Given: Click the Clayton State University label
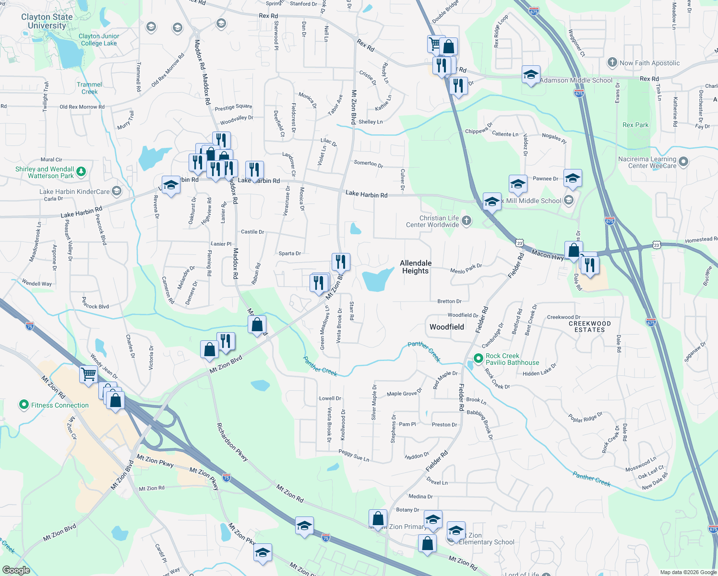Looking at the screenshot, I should click(x=47, y=21).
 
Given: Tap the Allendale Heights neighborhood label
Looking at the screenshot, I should click(x=416, y=267).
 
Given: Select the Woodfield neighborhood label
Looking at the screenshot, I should click(x=446, y=327).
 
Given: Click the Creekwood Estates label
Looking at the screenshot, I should click(x=589, y=326).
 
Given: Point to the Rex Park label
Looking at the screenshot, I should click(x=635, y=125).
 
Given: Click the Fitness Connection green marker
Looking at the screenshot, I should click(x=24, y=405).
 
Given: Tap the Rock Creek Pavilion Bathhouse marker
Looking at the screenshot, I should click(x=478, y=359).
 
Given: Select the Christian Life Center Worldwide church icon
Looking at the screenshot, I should click(x=467, y=221).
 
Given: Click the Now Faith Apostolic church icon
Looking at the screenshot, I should click(x=612, y=62).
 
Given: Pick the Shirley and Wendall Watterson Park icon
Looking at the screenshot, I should click(x=81, y=172).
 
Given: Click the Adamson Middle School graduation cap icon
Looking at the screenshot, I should click(x=531, y=75).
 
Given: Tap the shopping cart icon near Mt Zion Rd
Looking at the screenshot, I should click(x=88, y=374).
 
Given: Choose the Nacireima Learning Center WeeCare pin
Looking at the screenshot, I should click(x=684, y=162).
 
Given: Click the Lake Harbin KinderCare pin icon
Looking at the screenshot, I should click(x=117, y=192).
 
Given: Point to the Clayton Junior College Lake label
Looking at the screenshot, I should click(x=98, y=39).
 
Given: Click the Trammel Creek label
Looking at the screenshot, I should click(x=89, y=88).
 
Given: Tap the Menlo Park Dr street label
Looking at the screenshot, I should click(x=466, y=268).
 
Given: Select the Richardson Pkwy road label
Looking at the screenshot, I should click(x=232, y=442).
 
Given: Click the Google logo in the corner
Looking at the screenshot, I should click(x=16, y=570).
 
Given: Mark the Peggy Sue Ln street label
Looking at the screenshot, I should click(x=354, y=455).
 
